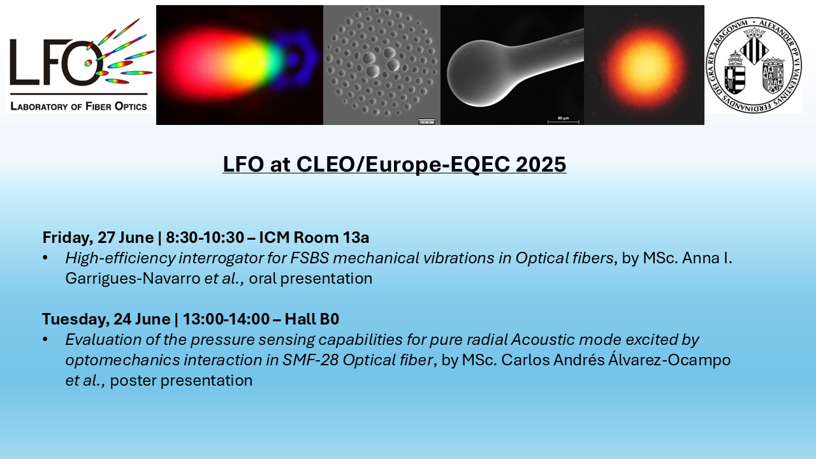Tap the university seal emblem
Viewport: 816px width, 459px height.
pos(754,65)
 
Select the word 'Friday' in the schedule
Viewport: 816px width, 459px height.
pos(66,238)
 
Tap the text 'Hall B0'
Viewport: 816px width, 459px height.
pos(312,319)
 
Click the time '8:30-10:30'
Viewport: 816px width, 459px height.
pos(205,238)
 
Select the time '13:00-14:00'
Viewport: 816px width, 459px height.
pos(226,319)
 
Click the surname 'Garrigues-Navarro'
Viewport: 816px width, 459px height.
pos(133,279)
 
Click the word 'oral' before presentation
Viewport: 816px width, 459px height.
pos(263,279)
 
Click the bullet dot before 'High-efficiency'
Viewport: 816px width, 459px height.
pos(45,258)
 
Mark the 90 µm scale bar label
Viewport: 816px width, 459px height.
pos(563,118)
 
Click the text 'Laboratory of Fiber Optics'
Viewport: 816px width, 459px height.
pos(78,106)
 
